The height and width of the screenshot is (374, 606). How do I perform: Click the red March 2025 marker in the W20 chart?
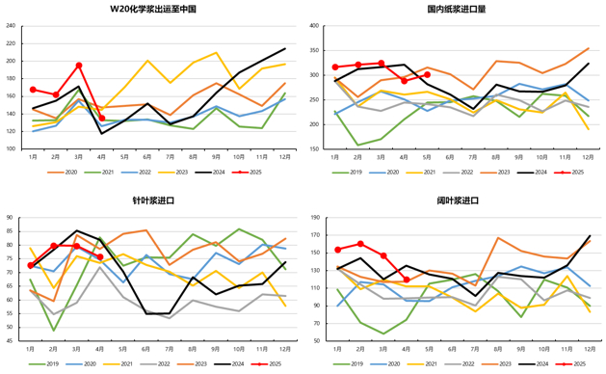point(79,66)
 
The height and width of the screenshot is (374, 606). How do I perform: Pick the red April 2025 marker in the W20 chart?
point(102,118)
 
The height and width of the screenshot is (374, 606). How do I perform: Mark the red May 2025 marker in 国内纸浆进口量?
point(427,74)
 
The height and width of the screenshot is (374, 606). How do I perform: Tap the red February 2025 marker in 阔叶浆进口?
point(360,244)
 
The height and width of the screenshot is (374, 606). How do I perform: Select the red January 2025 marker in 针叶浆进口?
point(32,265)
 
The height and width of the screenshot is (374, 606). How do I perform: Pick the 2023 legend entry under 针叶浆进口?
point(191,363)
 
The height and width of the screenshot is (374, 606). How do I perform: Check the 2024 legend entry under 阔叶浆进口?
point(535,363)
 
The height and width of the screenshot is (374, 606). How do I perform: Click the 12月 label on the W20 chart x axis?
point(284,157)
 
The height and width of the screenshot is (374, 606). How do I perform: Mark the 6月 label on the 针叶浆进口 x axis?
point(146,349)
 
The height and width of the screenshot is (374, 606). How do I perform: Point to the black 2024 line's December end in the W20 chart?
point(284,48)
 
